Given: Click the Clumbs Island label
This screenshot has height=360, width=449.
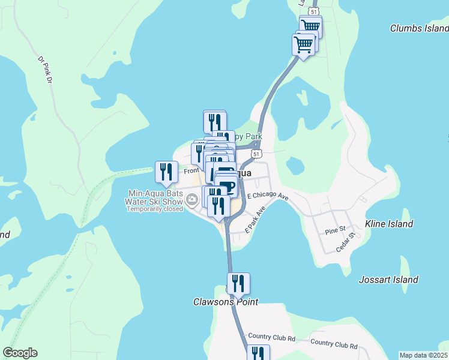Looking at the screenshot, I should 419,28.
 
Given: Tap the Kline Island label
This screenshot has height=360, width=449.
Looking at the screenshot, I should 389,224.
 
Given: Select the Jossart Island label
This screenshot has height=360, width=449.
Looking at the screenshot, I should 388,280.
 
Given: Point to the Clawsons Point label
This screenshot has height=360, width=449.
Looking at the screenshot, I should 226,302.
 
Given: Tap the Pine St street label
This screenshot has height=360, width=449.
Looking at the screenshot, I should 334,230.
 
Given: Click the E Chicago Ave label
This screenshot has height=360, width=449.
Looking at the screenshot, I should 268,196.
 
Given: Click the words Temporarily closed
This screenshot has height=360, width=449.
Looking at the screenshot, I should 154,209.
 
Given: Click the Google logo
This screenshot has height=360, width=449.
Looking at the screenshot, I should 20,353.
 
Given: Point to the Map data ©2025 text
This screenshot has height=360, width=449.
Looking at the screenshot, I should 423,355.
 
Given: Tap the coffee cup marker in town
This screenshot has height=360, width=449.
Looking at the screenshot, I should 227,185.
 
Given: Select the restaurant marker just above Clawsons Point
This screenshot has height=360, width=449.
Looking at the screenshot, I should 238,283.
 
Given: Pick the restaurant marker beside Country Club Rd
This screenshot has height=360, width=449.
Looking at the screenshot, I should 258,353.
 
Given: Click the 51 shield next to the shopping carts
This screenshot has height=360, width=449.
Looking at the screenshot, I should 313,11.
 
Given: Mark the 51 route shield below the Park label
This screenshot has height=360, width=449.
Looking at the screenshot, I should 256,154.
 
